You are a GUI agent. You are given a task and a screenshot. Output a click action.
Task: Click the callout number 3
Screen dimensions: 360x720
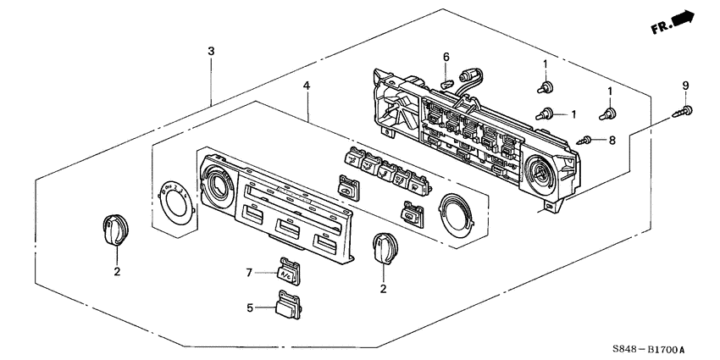coord(211,52)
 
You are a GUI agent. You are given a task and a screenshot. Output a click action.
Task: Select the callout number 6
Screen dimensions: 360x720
coord(445,57)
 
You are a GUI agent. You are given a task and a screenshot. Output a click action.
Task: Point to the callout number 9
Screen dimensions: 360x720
coord(685,86)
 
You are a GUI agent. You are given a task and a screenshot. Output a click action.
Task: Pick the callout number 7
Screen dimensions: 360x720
coord(250,272)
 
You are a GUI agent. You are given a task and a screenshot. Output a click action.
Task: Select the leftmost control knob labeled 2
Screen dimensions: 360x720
coord(113,230)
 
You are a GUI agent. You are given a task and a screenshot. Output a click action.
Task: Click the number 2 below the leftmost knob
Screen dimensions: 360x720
coord(117,271)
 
